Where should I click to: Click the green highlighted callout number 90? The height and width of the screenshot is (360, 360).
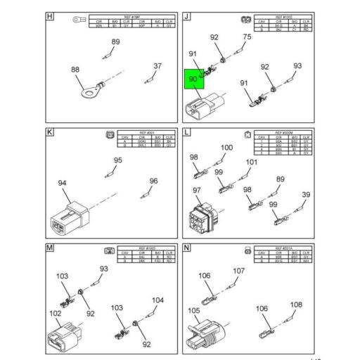[193, 79]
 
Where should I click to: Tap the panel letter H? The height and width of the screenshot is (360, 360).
[49, 16]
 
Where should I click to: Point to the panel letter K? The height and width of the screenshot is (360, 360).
[49, 132]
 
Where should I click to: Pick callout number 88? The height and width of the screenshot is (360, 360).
[75, 70]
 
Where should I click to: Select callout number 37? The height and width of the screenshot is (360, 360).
[158, 67]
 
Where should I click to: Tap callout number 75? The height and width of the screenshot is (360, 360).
[247, 37]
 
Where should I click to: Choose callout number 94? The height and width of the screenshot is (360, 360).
[63, 184]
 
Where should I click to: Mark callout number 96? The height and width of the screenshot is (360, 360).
[153, 181]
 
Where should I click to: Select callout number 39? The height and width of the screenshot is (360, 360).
[306, 195]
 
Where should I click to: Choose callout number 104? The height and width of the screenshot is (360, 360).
[158, 300]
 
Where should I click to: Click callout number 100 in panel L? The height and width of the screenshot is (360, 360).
[226, 148]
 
